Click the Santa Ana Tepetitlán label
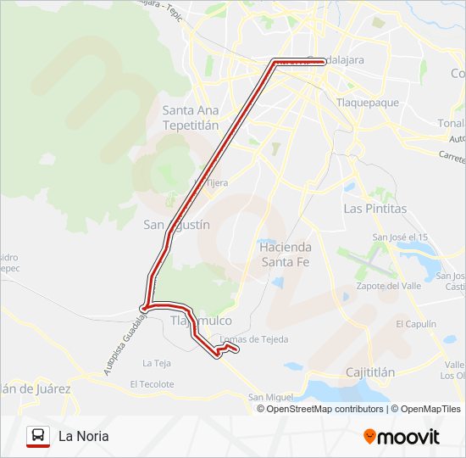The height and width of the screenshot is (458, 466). (x=191, y=117)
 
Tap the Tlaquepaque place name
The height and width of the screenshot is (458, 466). (x=368, y=103)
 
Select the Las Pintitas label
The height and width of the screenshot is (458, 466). (x=374, y=208)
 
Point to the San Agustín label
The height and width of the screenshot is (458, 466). (x=176, y=225)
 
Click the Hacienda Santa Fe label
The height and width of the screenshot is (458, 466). (x=286, y=254)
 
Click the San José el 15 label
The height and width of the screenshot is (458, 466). (x=400, y=237)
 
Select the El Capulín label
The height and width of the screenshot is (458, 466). (x=414, y=324)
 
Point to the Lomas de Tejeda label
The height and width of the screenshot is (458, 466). (x=254, y=339)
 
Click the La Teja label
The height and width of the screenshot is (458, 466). (x=157, y=363)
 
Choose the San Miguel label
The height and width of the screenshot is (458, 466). (x=270, y=397)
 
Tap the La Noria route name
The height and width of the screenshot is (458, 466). (x=83, y=437)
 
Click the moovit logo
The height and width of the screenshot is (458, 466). (x=402, y=437)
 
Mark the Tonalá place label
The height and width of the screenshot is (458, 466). (x=451, y=122)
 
